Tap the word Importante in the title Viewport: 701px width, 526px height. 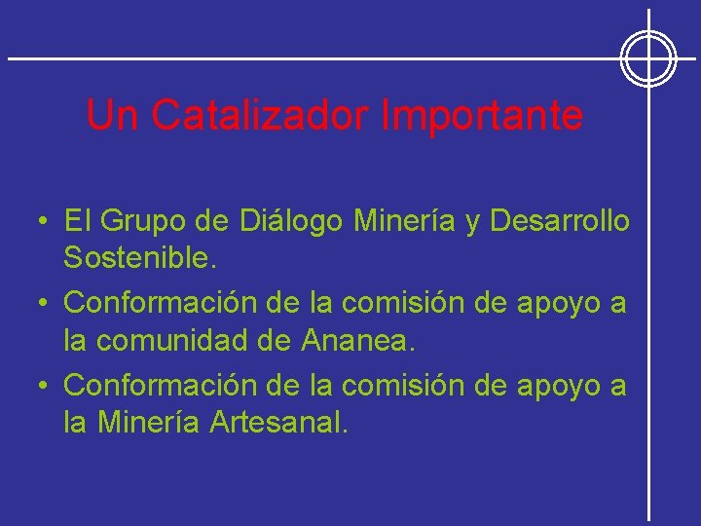(x=482, y=116)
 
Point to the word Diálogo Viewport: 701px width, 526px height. (x=290, y=222)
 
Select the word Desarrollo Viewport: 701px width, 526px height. (x=560, y=222)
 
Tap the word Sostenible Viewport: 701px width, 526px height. (x=140, y=258)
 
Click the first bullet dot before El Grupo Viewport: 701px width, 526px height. (x=45, y=223)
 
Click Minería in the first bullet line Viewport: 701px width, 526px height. (x=404, y=222)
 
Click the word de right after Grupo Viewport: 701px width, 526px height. (x=212, y=222)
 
